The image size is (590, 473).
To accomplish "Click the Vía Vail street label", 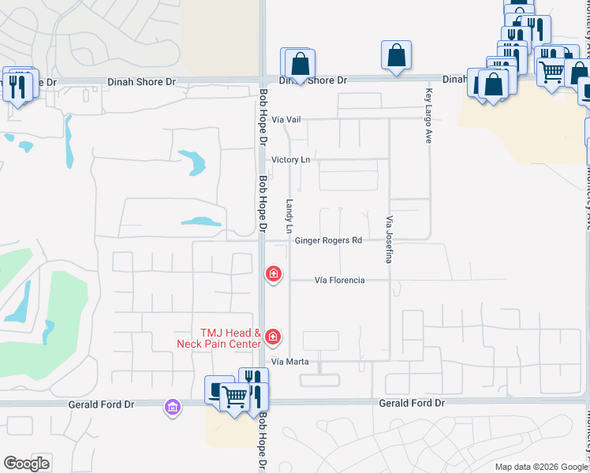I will [286, 119].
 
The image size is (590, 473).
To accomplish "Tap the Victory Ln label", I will [290, 159].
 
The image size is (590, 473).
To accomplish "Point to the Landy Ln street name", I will [289, 215].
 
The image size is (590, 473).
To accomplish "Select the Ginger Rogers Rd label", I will [328, 240].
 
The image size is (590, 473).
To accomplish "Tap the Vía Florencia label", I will [339, 280].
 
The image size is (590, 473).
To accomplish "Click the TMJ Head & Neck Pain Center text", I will [221, 339].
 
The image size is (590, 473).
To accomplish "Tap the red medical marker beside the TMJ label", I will [273, 337].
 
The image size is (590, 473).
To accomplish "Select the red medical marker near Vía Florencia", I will [273, 274].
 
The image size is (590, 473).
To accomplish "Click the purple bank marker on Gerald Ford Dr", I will [172, 408].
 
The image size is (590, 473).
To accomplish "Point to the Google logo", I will [26, 464].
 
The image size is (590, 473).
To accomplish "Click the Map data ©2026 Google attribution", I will [541, 467].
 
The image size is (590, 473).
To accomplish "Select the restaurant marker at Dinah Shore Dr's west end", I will [17, 84].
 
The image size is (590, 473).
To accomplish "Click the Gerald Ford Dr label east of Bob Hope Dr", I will [412, 403].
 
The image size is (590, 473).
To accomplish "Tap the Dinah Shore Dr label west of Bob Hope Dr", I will [142, 82].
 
